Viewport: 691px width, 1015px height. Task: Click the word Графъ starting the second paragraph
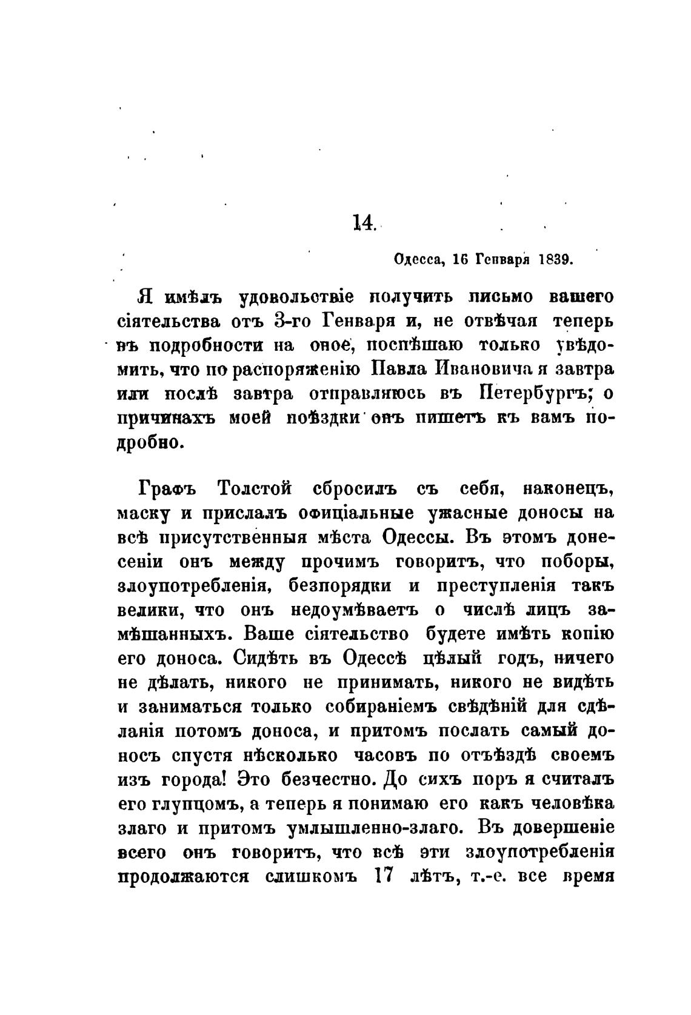coord(162,489)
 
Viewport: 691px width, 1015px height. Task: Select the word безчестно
coord(326,780)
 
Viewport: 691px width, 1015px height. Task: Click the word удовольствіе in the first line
coord(293,297)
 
